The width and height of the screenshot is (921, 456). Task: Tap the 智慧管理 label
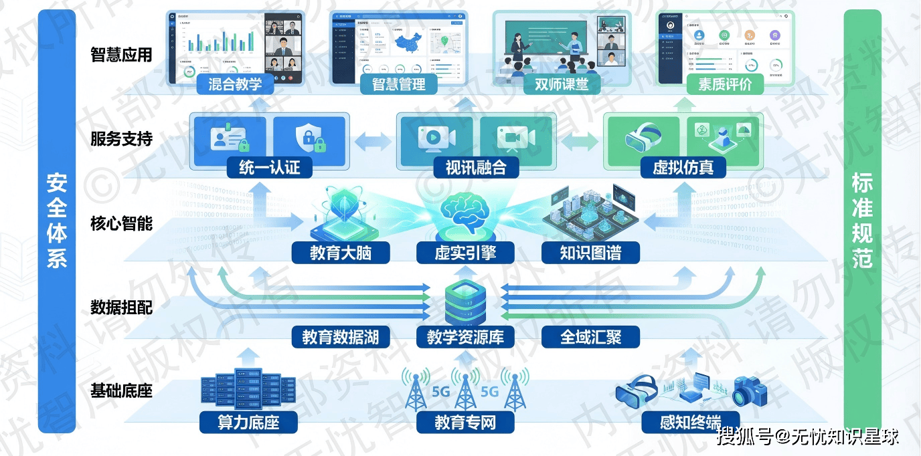coord(398,84)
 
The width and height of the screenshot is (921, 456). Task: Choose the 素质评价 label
coord(725,84)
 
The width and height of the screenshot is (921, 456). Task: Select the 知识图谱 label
coord(590,253)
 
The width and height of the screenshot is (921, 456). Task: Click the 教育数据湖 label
coord(340,337)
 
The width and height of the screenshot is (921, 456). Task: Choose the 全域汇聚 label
coord(590,337)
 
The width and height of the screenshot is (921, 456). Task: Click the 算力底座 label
coord(248,422)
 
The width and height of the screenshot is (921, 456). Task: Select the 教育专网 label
coord(465,422)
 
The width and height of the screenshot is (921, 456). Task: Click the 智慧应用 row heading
coord(122,55)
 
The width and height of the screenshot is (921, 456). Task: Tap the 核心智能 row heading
coord(122,223)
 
